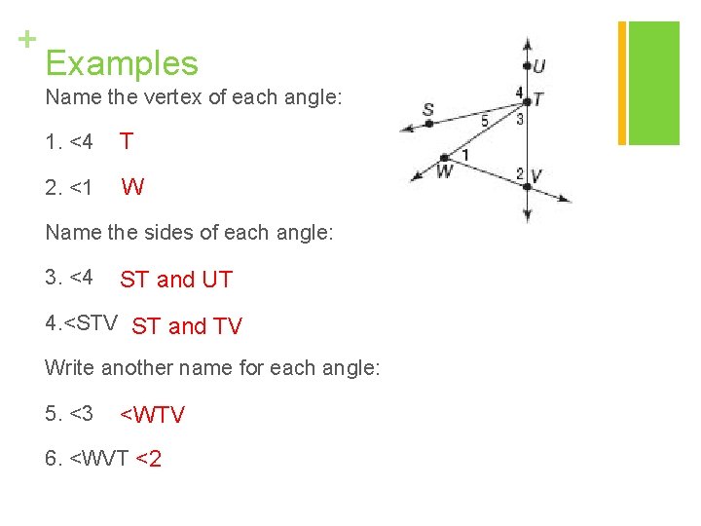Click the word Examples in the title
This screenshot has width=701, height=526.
[x=122, y=63]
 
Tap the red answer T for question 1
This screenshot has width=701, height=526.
[x=127, y=141]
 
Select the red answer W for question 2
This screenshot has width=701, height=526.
[x=132, y=187]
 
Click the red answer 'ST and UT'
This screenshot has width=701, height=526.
[x=176, y=280]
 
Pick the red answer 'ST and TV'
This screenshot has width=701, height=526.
[x=187, y=326]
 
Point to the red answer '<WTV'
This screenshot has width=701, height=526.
[x=152, y=414]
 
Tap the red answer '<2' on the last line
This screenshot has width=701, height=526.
[x=149, y=458]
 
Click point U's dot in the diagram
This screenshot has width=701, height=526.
[x=527, y=66]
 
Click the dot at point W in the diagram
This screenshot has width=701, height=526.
[x=445, y=157]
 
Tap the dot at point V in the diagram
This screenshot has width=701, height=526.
[x=527, y=184]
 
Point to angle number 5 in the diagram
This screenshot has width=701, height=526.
[x=485, y=121]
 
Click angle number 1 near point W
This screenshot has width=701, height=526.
[x=464, y=154]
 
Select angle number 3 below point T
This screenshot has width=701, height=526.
[x=521, y=119]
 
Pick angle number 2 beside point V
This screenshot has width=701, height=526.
[x=520, y=173]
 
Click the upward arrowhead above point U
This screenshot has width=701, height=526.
[x=527, y=43]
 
